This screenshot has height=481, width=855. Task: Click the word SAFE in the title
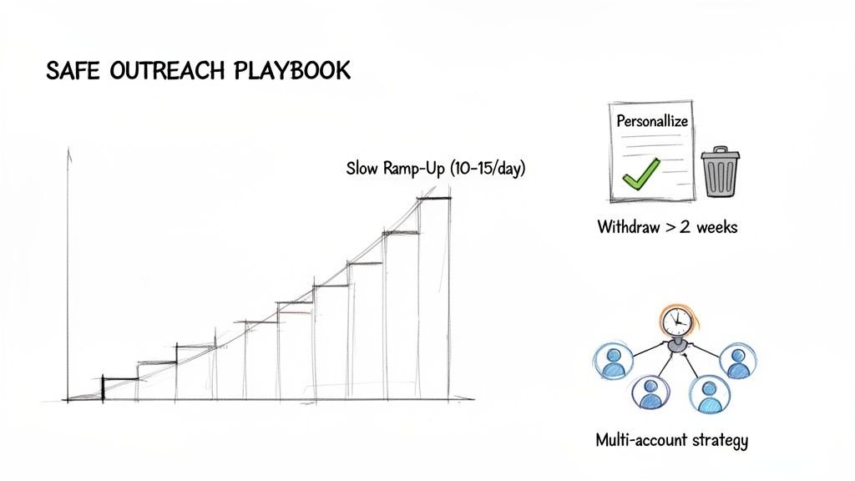(x=73, y=72)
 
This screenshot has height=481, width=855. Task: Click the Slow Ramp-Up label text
(x=395, y=169)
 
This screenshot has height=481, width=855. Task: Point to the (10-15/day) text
(x=488, y=169)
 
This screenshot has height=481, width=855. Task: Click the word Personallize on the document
(x=652, y=121)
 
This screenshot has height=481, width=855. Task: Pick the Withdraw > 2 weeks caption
(x=667, y=227)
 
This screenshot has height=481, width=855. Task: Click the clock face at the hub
(x=676, y=321)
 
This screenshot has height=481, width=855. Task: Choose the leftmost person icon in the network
(x=614, y=361)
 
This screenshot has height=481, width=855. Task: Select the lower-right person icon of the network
(x=709, y=393)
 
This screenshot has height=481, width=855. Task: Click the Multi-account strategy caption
(x=672, y=440)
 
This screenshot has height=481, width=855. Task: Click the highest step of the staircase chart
(x=433, y=198)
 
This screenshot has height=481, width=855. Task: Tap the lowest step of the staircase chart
(x=119, y=379)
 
